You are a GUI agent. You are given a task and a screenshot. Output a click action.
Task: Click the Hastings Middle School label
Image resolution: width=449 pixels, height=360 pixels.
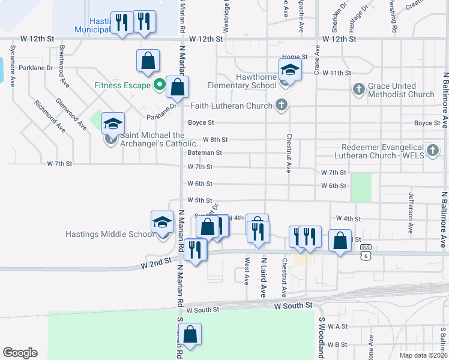(110, 234)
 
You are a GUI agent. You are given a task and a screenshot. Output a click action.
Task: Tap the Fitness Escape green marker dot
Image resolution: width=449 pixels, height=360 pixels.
(159, 85)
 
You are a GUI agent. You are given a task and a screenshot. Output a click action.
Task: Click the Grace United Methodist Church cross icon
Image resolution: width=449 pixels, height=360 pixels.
(358, 89)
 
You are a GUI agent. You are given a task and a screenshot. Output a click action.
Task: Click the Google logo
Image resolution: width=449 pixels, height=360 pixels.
(20, 353)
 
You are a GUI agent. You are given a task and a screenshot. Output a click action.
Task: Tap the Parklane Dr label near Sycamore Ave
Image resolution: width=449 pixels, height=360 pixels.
(36, 68)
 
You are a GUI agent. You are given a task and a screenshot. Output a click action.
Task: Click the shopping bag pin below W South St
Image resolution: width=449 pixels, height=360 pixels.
(190, 335)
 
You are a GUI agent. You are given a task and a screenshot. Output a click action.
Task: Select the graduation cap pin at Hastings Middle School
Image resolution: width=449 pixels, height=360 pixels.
(162, 223)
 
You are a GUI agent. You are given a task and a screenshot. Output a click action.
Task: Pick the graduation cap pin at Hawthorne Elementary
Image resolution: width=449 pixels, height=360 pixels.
(290, 70)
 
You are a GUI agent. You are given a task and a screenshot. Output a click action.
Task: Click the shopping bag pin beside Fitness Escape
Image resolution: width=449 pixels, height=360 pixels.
(178, 87)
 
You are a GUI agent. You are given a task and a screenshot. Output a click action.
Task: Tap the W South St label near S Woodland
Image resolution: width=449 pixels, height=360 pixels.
(294, 306)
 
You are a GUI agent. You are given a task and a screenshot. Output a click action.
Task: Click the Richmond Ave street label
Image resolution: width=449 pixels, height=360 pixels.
(50, 115)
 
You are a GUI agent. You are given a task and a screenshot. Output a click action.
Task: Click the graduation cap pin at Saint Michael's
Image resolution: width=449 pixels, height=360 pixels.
(113, 124)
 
